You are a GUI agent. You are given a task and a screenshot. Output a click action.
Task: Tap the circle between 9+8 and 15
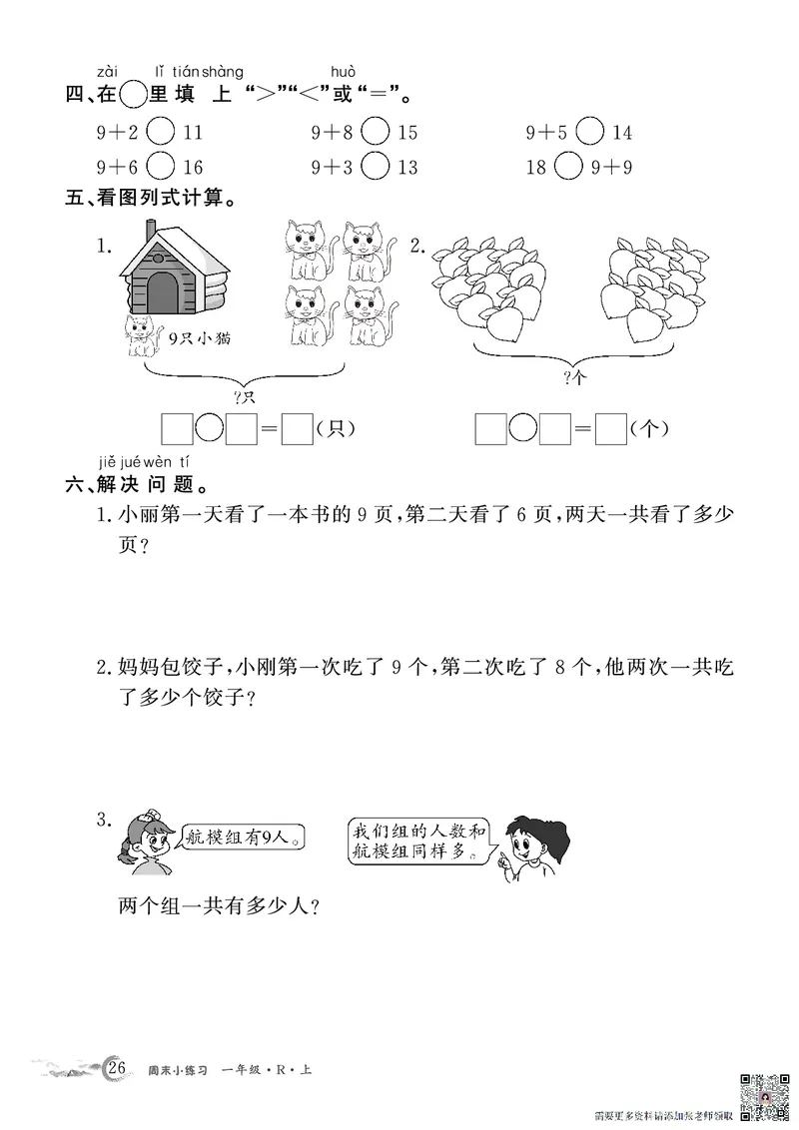click(x=376, y=133)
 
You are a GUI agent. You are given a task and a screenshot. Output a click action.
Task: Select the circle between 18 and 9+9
click(x=567, y=167)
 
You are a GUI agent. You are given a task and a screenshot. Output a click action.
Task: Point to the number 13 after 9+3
click(x=406, y=167)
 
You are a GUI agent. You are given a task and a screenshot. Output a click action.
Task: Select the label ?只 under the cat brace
click(x=245, y=397)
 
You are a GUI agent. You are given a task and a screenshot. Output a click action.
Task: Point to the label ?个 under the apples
click(x=573, y=377)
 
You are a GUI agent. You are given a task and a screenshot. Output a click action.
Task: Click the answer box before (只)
click(x=297, y=429)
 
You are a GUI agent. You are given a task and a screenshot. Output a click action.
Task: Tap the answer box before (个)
click(x=609, y=429)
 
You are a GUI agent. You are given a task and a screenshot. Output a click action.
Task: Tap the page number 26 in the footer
click(x=117, y=1070)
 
